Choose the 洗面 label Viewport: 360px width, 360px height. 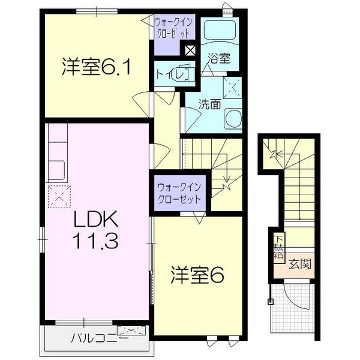click(209, 103)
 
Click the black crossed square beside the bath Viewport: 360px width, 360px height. click(190, 50)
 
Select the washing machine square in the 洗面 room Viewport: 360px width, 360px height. click(232, 88)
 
